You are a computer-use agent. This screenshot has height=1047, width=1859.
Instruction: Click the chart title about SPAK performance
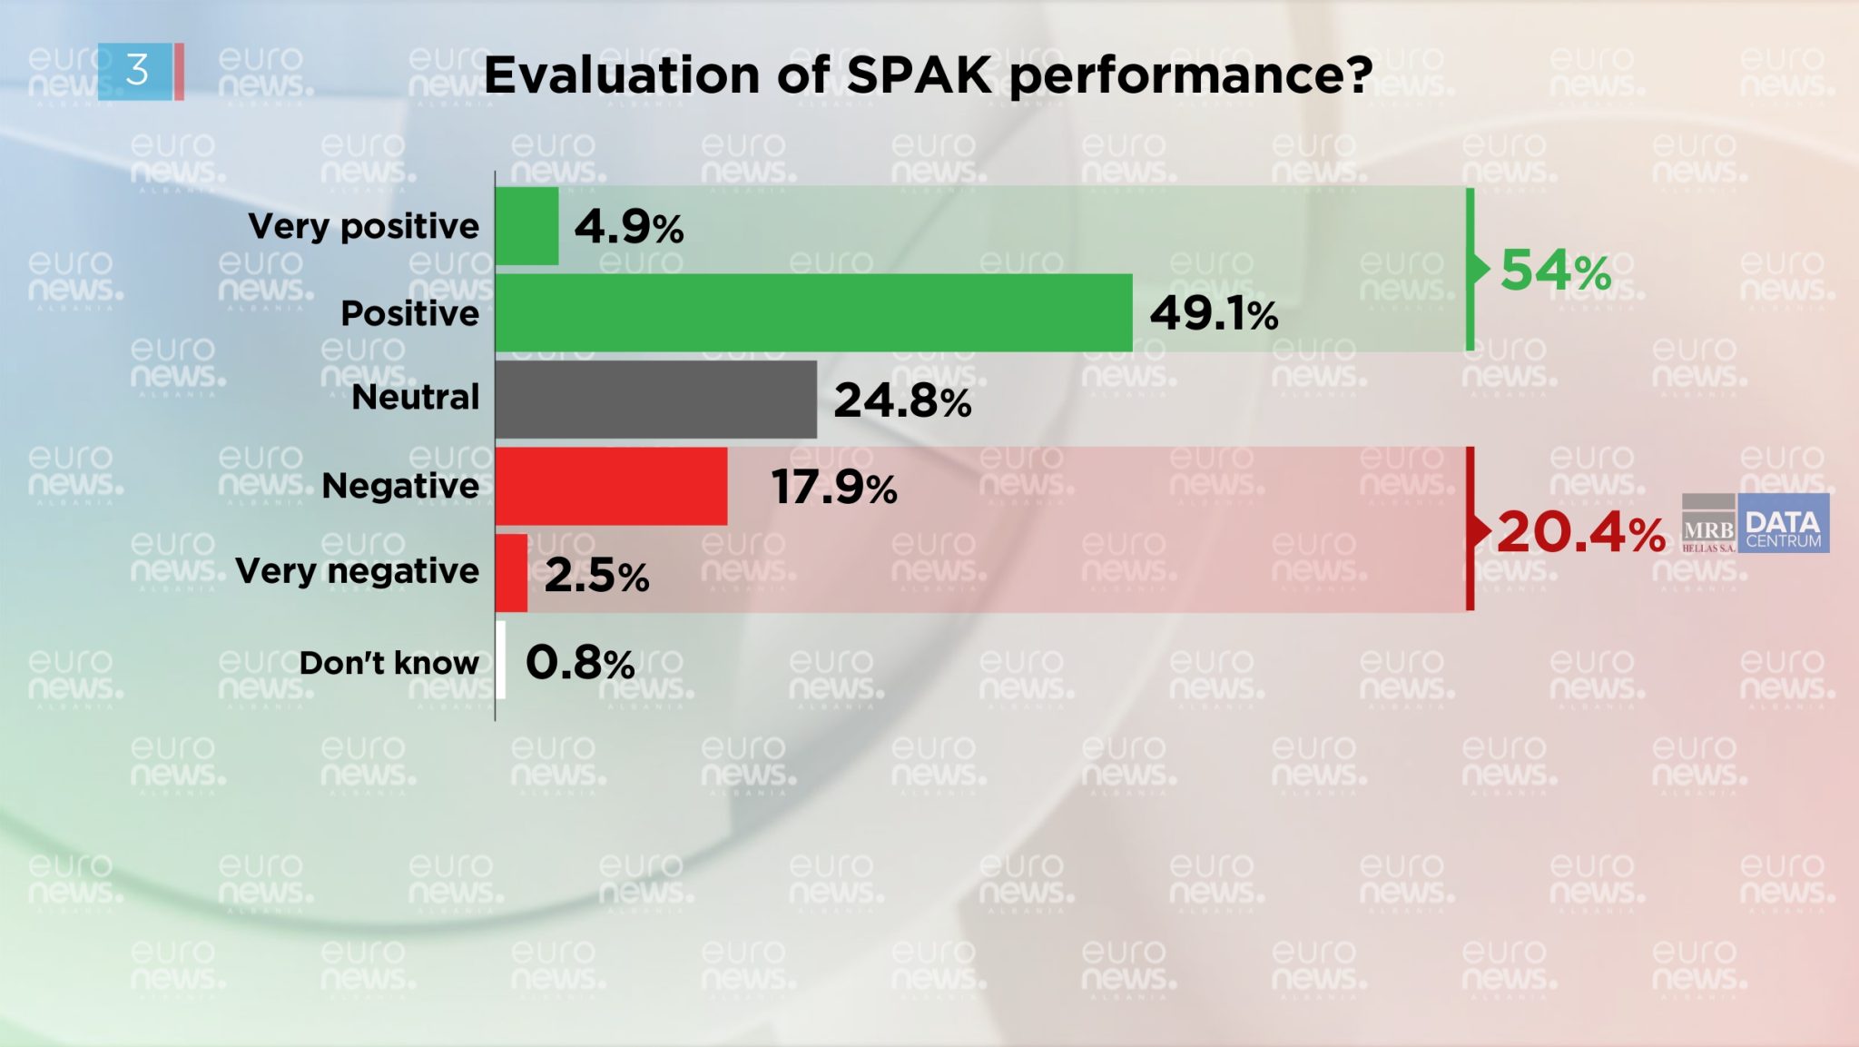tap(927, 74)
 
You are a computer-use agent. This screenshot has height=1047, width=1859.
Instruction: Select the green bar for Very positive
tap(526, 226)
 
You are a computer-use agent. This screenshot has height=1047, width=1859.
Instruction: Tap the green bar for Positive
tap(813, 312)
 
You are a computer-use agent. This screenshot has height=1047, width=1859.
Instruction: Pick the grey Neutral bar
tap(655, 400)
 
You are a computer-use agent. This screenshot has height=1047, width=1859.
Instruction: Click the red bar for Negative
tap(611, 486)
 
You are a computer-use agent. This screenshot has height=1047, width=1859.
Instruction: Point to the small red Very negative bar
tap(511, 573)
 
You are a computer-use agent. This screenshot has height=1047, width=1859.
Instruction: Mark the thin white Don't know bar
tap(501, 660)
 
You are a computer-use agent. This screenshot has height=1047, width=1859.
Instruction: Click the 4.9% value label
tap(628, 227)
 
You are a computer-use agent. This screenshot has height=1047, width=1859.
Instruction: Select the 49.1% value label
tap(1213, 314)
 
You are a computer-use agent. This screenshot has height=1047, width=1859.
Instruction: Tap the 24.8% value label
tap(901, 400)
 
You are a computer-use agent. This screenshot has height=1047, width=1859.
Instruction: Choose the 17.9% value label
tap(833, 488)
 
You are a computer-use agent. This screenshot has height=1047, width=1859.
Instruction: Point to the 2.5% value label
tap(596, 575)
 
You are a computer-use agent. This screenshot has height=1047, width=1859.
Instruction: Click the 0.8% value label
tap(579, 663)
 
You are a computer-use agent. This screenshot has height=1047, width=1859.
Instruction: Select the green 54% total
tap(1555, 271)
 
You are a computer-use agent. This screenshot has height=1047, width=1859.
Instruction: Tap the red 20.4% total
tap(1580, 532)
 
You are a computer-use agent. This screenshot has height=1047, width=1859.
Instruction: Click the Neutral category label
tap(415, 397)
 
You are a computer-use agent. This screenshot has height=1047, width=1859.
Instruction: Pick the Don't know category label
tap(389, 663)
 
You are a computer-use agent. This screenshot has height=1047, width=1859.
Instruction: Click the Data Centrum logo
tap(1783, 524)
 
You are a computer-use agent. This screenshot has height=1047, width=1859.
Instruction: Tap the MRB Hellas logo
tap(1708, 524)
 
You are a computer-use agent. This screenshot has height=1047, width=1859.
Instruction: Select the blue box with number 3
tap(136, 71)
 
